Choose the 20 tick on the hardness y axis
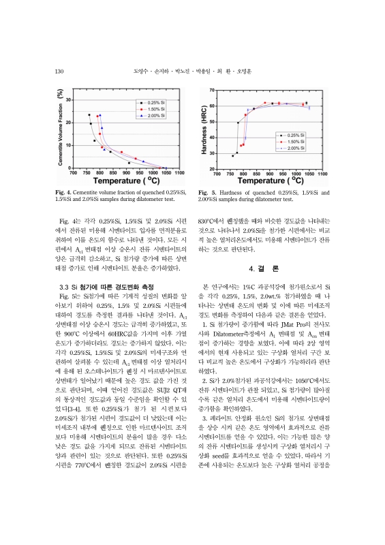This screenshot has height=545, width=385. click(x=213, y=168)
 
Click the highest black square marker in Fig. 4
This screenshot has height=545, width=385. click(x=89, y=114)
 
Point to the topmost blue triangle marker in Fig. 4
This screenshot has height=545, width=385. click(x=101, y=115)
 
